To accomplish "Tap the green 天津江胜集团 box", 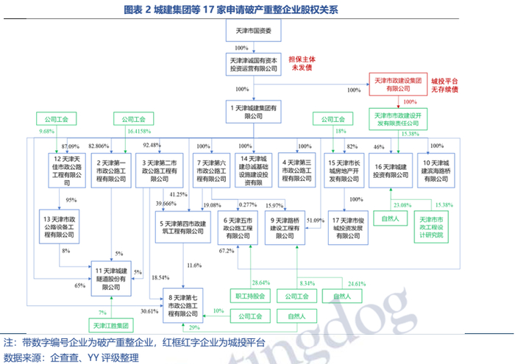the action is pos(110,324).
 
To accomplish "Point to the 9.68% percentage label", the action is pos(46,130).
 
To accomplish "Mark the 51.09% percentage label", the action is pos(316,220).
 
